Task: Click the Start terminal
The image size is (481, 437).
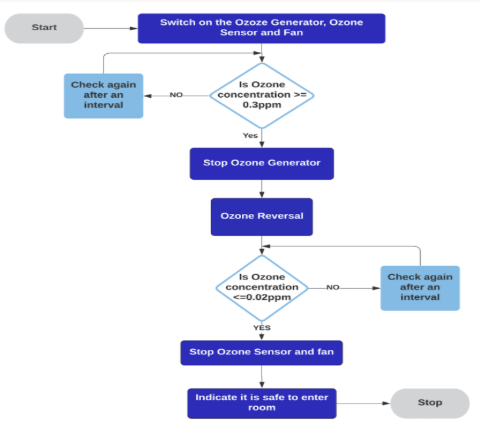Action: [x=44, y=28]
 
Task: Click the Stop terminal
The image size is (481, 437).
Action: [x=430, y=403]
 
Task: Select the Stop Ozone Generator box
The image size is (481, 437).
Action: [x=261, y=163]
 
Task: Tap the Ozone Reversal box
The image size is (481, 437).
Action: [x=261, y=217]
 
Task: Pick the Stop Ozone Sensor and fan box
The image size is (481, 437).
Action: [x=261, y=352]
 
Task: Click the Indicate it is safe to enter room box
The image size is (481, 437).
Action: [x=261, y=403]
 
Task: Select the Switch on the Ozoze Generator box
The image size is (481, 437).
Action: [x=261, y=28]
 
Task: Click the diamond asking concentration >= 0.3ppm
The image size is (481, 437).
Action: [x=261, y=95]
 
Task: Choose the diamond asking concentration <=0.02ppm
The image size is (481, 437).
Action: [x=261, y=287]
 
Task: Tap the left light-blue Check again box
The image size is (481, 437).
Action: [x=104, y=95]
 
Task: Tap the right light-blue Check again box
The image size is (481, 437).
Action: [x=420, y=287]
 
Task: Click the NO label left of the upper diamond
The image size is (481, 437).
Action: [x=176, y=95]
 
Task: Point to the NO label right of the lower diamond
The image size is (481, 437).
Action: [x=333, y=287]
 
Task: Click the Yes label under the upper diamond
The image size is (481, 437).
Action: [x=250, y=136]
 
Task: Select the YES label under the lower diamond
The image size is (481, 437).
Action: [x=261, y=327]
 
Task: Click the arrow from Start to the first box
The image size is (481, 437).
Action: [x=110, y=28]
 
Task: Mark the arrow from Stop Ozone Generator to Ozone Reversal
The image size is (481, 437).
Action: [x=261, y=189]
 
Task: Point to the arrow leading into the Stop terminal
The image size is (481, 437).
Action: [x=363, y=403]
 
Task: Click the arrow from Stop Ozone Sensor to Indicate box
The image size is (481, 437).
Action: [x=261, y=377]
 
